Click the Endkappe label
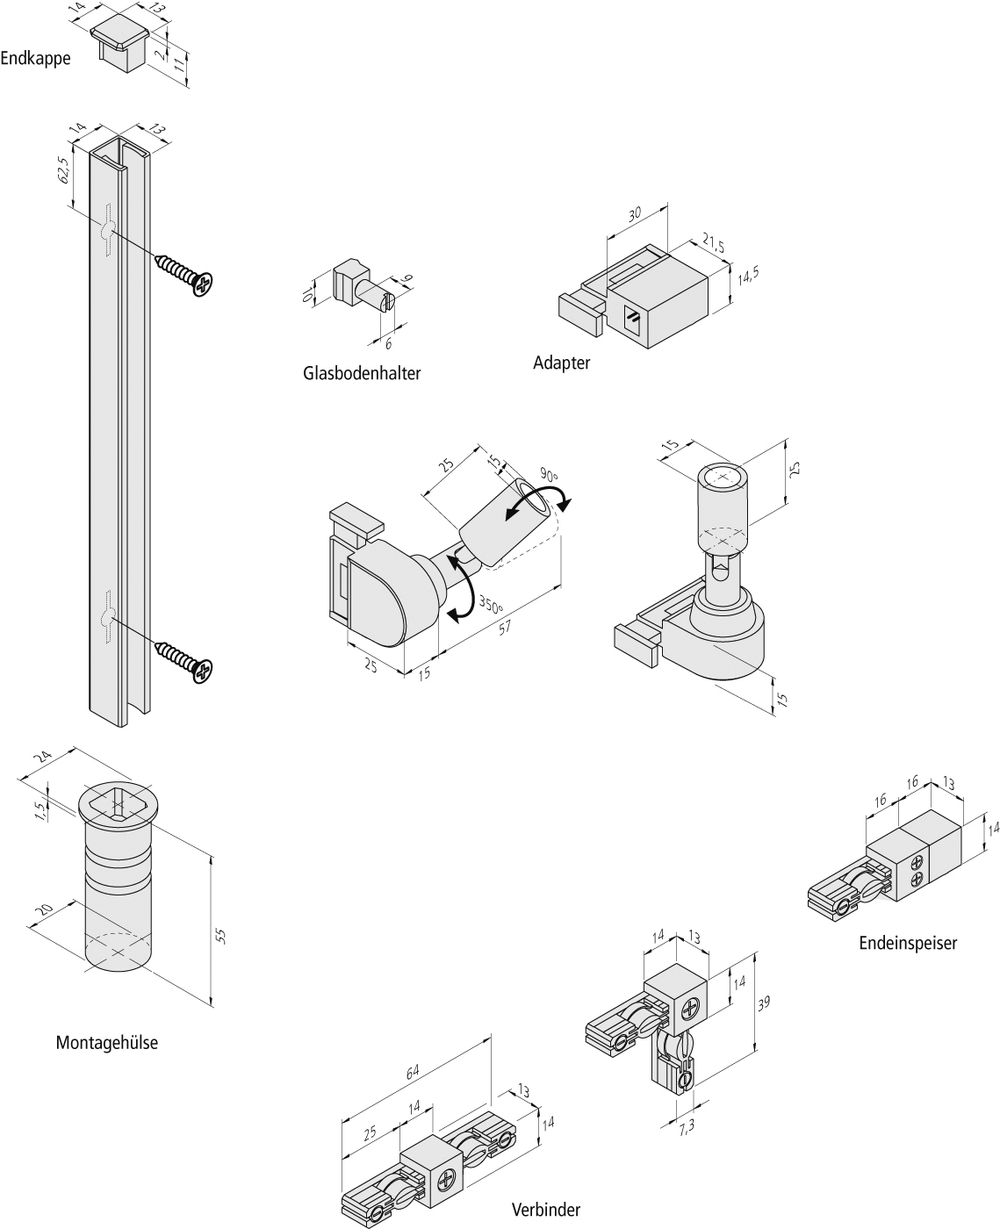[35, 59]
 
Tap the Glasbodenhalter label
[362, 373]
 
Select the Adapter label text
[562, 362]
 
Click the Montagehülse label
[107, 1043]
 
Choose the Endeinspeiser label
[908, 943]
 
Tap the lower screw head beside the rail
[204, 672]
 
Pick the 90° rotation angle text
[550, 475]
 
